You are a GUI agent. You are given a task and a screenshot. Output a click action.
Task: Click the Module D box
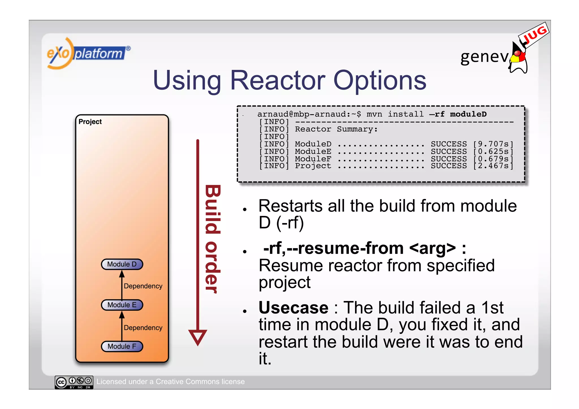[x=122, y=264]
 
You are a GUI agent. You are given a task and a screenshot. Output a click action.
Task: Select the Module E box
[x=122, y=305]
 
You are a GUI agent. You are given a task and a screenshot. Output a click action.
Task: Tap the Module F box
[x=122, y=347]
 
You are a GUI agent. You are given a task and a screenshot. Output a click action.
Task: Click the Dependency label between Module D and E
[x=143, y=286]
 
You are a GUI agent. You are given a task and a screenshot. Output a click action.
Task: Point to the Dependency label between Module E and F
[x=143, y=328]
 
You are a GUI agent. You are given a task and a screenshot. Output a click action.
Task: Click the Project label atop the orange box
[x=90, y=122]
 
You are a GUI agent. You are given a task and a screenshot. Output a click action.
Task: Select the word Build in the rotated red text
[x=213, y=209]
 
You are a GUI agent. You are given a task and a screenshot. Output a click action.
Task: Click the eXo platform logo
[x=88, y=53]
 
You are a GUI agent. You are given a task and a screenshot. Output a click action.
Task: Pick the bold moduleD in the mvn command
[x=468, y=114]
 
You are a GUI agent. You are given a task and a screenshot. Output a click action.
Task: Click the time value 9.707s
[x=493, y=144]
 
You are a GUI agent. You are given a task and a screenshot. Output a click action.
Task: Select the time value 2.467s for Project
[x=493, y=166]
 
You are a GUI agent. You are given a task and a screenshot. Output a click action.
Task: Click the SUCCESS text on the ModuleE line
[x=449, y=152]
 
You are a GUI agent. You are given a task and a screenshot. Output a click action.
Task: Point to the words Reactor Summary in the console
[x=336, y=129]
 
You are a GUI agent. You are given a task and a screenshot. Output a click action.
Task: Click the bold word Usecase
[x=293, y=308]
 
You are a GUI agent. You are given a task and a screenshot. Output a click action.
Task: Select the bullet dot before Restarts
[x=245, y=209]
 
